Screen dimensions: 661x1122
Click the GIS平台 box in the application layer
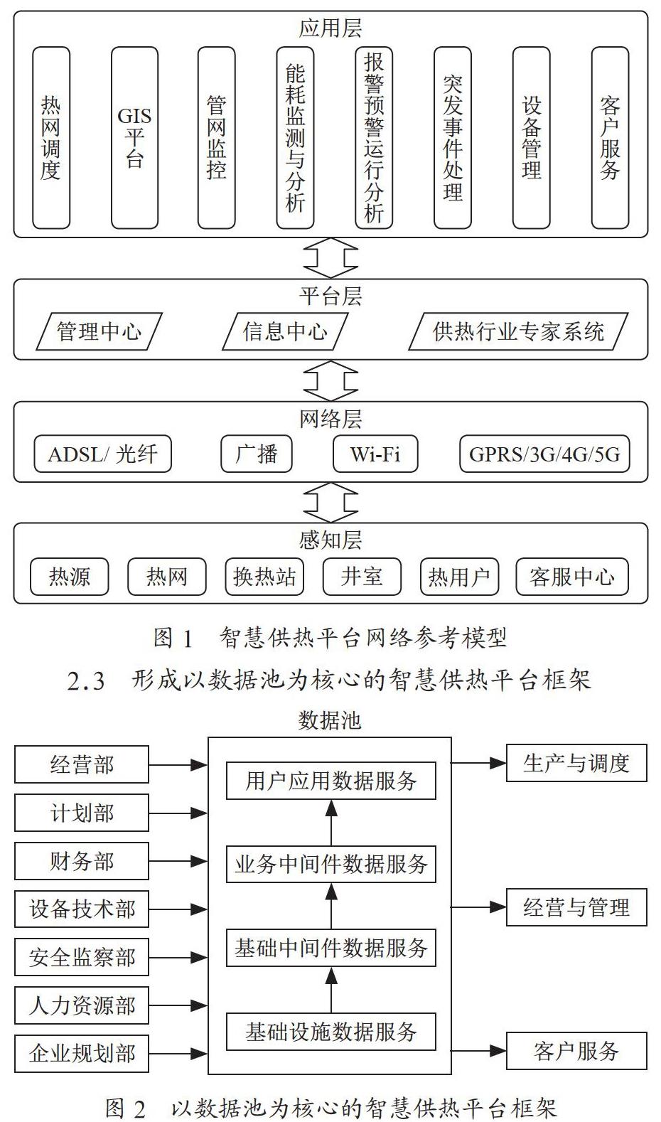[135, 138]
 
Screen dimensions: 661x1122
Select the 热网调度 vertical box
[51, 138]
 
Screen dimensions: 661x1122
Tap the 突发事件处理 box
[453, 138]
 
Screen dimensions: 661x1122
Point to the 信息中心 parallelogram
[285, 331]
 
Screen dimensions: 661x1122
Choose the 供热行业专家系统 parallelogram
[518, 331]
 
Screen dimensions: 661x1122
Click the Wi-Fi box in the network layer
[375, 454]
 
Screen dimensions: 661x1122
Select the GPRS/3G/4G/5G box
[545, 454]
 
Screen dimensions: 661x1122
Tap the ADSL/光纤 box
[102, 454]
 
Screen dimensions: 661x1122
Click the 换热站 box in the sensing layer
[264, 577]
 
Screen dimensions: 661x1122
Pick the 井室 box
[362, 577]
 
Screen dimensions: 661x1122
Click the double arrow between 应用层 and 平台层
[330, 258]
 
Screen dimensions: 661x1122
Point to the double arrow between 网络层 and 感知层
[330, 503]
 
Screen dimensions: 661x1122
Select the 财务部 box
[82, 861]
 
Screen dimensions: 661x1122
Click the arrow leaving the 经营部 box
[178, 764]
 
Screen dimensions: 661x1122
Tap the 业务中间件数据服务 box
[331, 864]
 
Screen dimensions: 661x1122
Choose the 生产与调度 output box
[577, 763]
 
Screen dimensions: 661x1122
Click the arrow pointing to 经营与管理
[479, 907]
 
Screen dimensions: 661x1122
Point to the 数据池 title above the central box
[330, 720]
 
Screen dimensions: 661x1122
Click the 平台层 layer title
[330, 296]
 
